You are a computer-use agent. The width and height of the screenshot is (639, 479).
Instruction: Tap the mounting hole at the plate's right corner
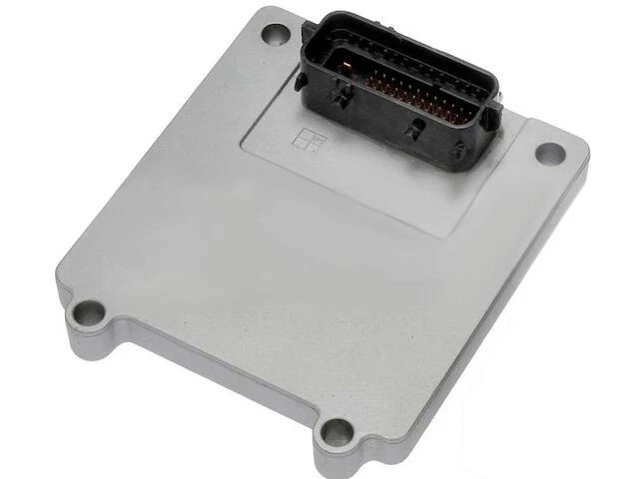coord(548,153)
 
